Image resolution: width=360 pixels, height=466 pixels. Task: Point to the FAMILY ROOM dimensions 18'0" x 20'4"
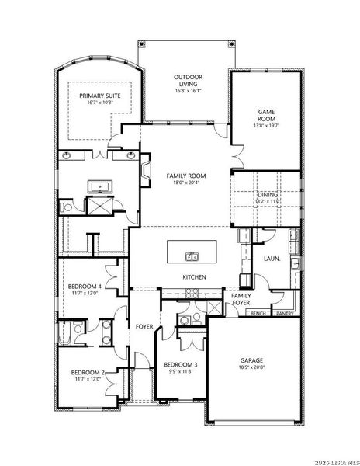[x=185, y=184]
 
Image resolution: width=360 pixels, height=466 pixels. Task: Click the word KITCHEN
[x=193, y=276]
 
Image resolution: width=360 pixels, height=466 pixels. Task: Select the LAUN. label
[x=272, y=258]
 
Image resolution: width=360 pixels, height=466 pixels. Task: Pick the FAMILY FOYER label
[x=241, y=298]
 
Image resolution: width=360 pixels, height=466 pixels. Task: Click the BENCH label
[x=258, y=314]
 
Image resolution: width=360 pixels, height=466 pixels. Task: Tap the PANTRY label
[x=284, y=314]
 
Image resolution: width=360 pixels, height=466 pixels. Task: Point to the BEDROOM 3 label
[x=180, y=364]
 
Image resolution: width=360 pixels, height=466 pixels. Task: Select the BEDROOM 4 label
[x=86, y=287]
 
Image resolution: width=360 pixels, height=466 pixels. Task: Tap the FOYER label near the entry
[x=145, y=326]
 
